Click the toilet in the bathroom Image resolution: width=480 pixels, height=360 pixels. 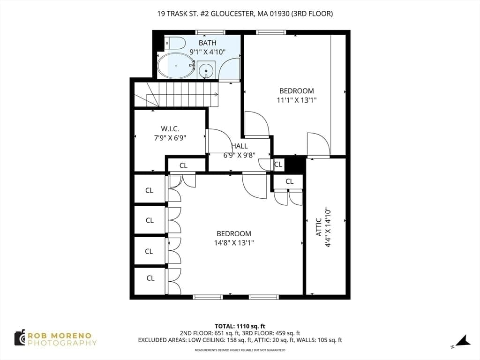[x=175, y=43]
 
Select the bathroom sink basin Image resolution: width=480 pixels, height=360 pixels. [x=206, y=70]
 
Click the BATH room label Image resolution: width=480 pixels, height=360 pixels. [x=208, y=43]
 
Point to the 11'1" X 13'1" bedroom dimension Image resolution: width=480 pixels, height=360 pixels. [x=296, y=100]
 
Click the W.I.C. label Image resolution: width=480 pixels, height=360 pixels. [x=170, y=129]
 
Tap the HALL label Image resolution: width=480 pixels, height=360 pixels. [x=240, y=146]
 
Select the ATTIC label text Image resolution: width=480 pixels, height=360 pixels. [x=319, y=227]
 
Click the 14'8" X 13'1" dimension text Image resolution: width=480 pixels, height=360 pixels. [x=234, y=243]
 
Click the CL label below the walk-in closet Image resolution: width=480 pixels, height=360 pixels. [x=183, y=165]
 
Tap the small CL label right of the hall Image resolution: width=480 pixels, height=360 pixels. [x=278, y=165]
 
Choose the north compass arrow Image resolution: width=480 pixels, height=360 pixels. [x=462, y=341]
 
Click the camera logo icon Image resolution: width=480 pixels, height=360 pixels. [x=20, y=337]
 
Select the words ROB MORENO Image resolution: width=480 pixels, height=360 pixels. [x=60, y=336]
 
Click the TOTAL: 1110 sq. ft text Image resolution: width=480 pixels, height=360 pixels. [x=240, y=326]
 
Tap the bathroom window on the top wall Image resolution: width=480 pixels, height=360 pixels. [x=210, y=32]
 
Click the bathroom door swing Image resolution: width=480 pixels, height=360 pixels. [x=230, y=69]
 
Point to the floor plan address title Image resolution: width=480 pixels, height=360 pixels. [x=245, y=14]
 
